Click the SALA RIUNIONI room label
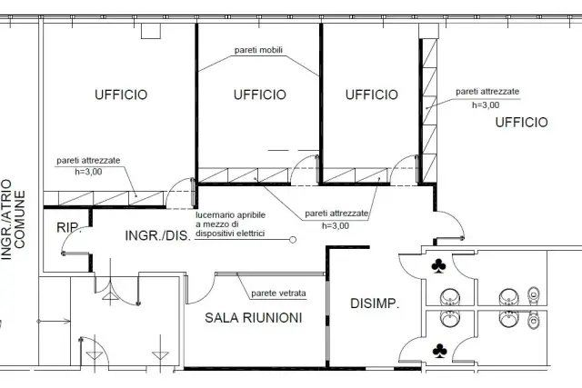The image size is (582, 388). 254,318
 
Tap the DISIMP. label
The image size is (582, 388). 375,303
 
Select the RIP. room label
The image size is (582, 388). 69,227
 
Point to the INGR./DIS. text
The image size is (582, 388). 157,235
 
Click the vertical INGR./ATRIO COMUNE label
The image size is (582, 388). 14,220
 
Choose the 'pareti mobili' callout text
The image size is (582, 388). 258,50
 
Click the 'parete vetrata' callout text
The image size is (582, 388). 279,293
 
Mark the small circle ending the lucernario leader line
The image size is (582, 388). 293,240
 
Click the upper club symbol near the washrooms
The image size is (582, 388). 438,266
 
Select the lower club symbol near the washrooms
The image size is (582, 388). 440,351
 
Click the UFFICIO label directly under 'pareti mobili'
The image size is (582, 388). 260,95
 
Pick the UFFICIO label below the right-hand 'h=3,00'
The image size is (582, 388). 521,123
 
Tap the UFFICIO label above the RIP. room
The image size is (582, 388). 121,95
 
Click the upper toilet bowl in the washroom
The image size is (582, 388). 533,295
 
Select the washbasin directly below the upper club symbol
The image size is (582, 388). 450,297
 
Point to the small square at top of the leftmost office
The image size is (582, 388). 151,31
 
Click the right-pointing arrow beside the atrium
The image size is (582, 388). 55,322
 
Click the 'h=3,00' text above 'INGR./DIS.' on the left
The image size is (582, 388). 88,172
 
